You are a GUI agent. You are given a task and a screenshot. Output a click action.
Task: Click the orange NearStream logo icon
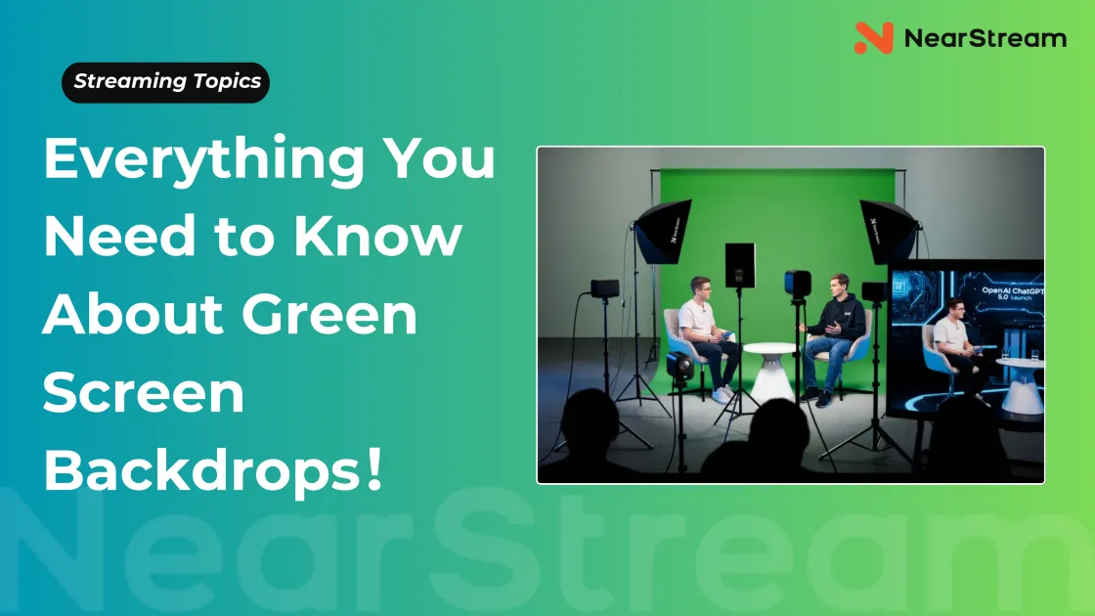pyautogui.click(x=874, y=38)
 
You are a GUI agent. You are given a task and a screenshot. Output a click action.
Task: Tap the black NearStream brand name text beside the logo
pyautogui.click(x=985, y=38)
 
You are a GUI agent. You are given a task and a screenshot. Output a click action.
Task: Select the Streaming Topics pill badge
pyautogui.click(x=165, y=82)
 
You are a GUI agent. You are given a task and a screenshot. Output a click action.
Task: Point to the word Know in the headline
pyautogui.click(x=377, y=236)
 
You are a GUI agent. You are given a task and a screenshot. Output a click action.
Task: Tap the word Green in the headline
pyautogui.click(x=329, y=314)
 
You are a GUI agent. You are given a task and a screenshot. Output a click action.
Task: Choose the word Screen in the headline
pyautogui.click(x=144, y=392)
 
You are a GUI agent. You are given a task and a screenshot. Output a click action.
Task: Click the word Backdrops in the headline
pyautogui.click(x=201, y=469)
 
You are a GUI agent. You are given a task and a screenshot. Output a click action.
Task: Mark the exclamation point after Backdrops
pyautogui.click(x=373, y=469)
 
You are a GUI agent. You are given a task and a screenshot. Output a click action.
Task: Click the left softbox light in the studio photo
pyautogui.click(x=663, y=231)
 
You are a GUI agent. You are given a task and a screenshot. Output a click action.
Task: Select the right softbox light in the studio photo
pyautogui.click(x=889, y=231)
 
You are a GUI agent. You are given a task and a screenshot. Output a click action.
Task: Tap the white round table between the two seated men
pyautogui.click(x=768, y=370)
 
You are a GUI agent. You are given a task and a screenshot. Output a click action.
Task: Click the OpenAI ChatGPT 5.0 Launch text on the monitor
pyautogui.click(x=1012, y=292)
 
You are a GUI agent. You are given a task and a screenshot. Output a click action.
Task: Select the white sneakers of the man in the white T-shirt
pyautogui.click(x=723, y=395)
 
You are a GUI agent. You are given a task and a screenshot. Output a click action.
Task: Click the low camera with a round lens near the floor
pyautogui.click(x=679, y=366)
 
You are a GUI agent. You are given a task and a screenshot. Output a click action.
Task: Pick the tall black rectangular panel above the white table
pyautogui.click(x=739, y=265)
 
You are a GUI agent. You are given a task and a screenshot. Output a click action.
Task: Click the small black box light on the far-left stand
pyautogui.click(x=605, y=287)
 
